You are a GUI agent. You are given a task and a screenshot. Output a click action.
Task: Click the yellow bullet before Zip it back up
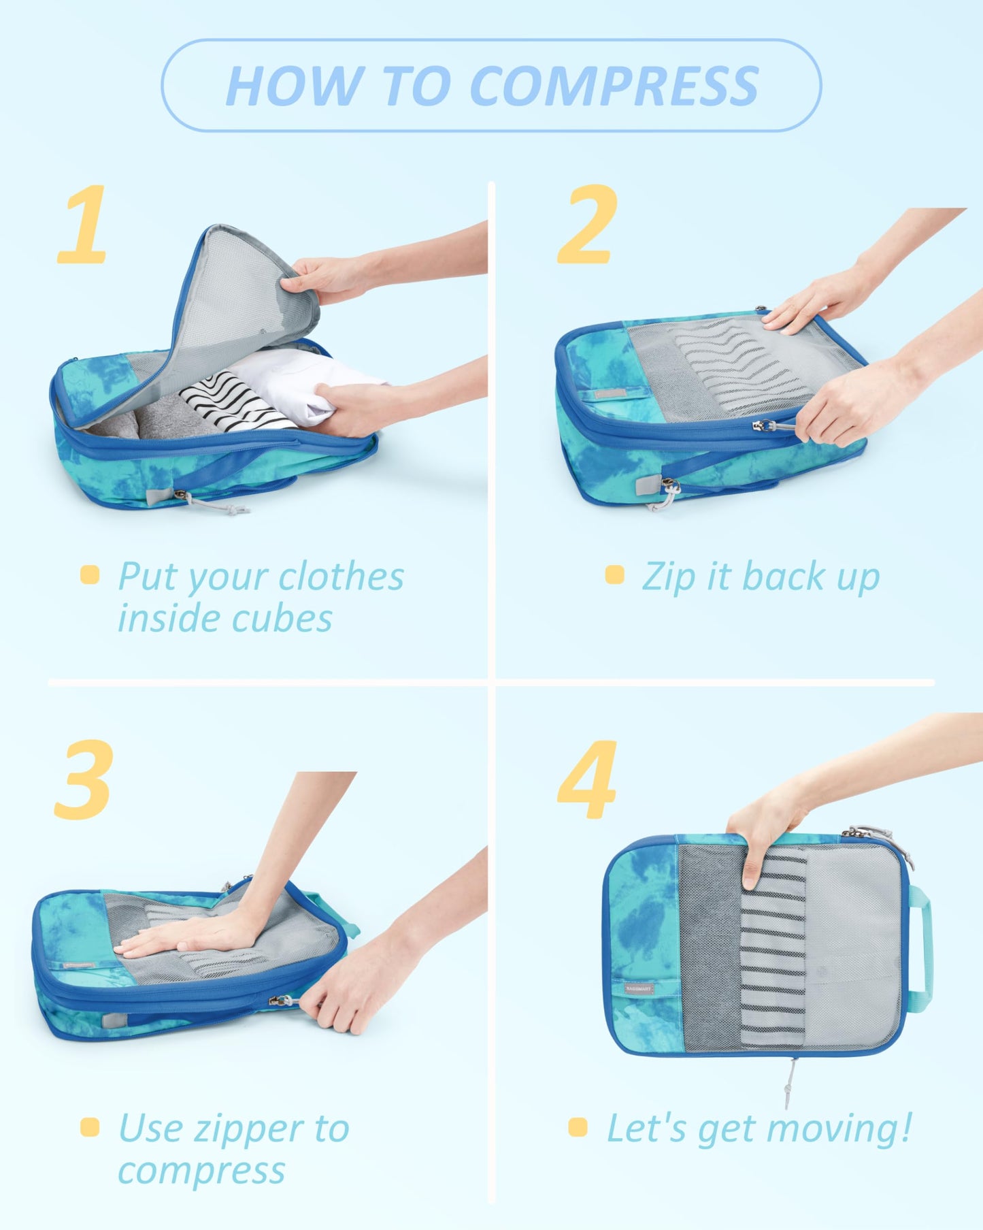[614, 574]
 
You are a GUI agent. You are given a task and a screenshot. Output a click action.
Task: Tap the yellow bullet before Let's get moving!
[578, 1127]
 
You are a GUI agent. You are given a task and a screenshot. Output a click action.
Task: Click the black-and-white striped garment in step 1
[228, 402]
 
